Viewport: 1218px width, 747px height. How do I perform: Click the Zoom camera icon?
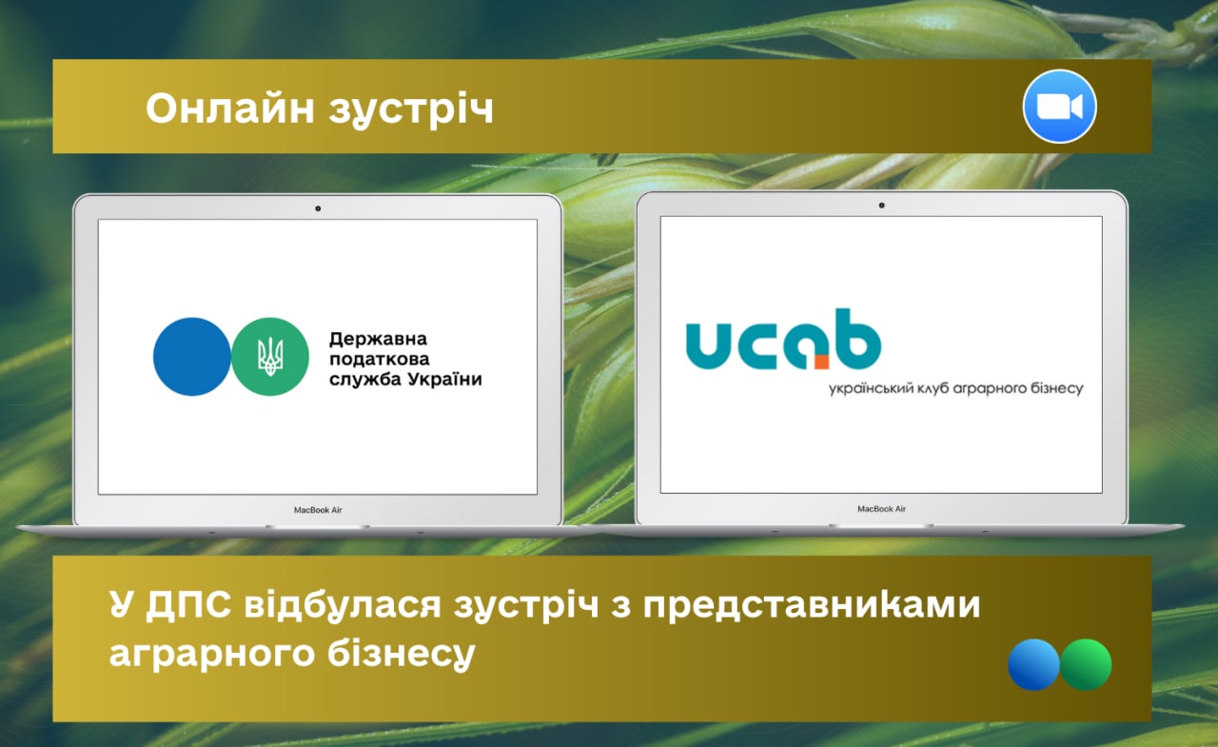[x=1059, y=106]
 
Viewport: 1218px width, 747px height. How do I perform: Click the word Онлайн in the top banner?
[x=230, y=108]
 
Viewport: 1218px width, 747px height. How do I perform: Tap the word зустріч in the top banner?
[x=411, y=110]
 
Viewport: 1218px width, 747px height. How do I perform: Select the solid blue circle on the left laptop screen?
[x=192, y=357]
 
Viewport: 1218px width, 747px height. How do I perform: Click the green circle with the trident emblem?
[x=270, y=357]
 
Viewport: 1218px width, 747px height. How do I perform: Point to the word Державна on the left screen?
[x=378, y=340]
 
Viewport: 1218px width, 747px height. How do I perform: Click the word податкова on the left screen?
[x=380, y=359]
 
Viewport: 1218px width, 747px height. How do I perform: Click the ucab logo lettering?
[x=783, y=340]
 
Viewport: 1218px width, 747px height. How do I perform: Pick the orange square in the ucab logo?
[x=821, y=363]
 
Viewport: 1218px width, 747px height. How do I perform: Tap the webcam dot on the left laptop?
[x=318, y=208]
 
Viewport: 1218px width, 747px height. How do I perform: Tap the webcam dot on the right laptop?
[x=881, y=206]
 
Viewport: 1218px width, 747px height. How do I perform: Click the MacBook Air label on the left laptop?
[x=318, y=510]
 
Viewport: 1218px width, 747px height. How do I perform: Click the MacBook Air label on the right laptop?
[x=881, y=509]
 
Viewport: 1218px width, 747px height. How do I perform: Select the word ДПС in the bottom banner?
[x=188, y=605]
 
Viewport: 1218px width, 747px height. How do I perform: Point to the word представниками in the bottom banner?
[x=812, y=606]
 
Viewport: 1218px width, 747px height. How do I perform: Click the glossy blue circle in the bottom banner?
[x=1033, y=664]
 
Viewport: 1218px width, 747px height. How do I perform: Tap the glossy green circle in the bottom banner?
[x=1086, y=664]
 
